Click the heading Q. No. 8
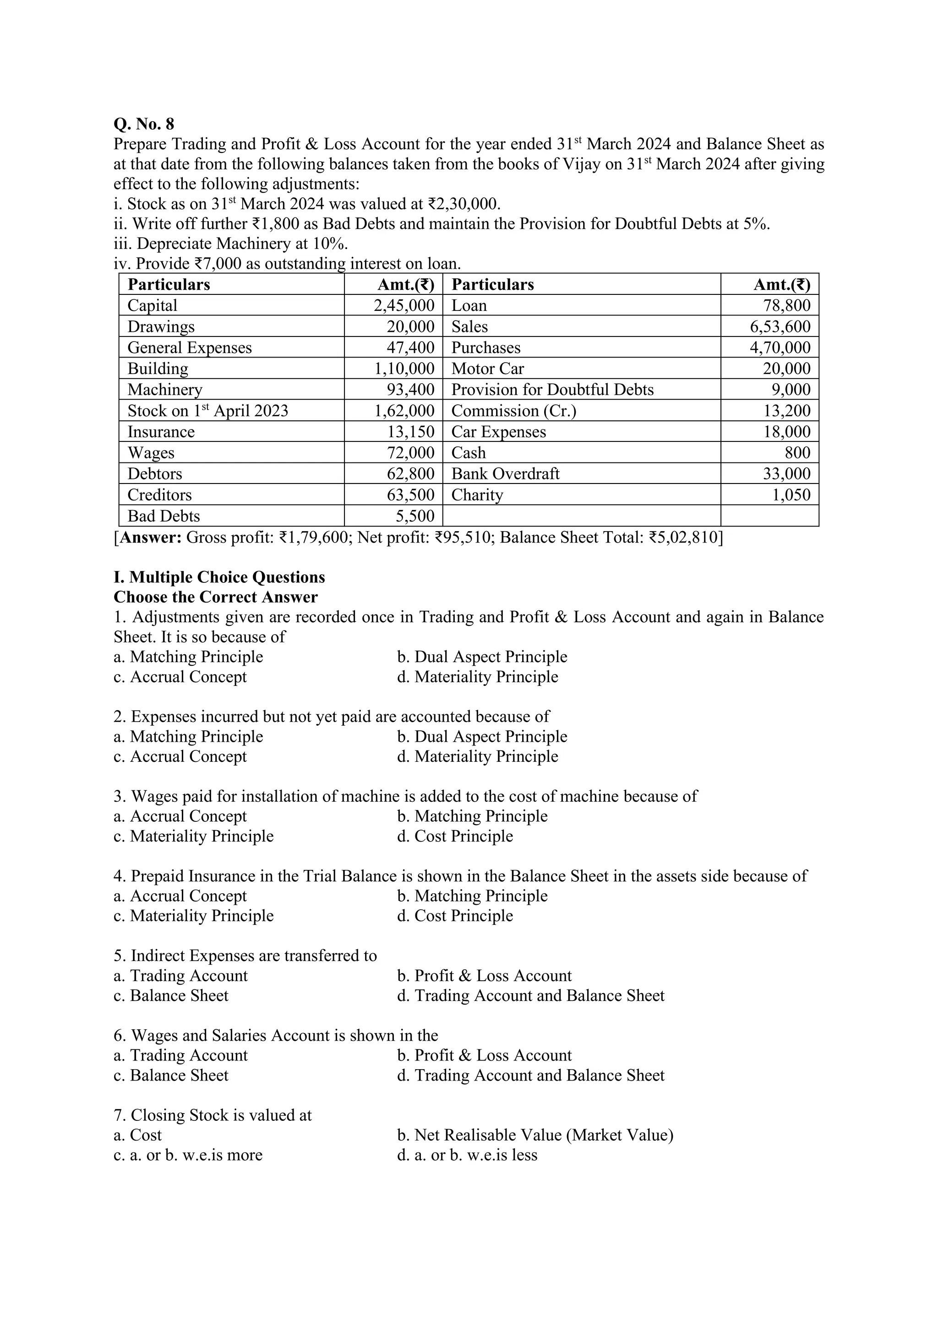(x=144, y=124)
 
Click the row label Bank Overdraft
(x=505, y=474)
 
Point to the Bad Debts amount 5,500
(x=413, y=516)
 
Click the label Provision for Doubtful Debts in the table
(x=552, y=390)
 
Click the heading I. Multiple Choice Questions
(x=219, y=577)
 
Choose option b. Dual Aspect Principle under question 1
(x=482, y=657)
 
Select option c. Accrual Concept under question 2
(x=180, y=756)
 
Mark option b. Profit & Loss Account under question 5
(x=484, y=976)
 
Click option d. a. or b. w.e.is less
(x=467, y=1155)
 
